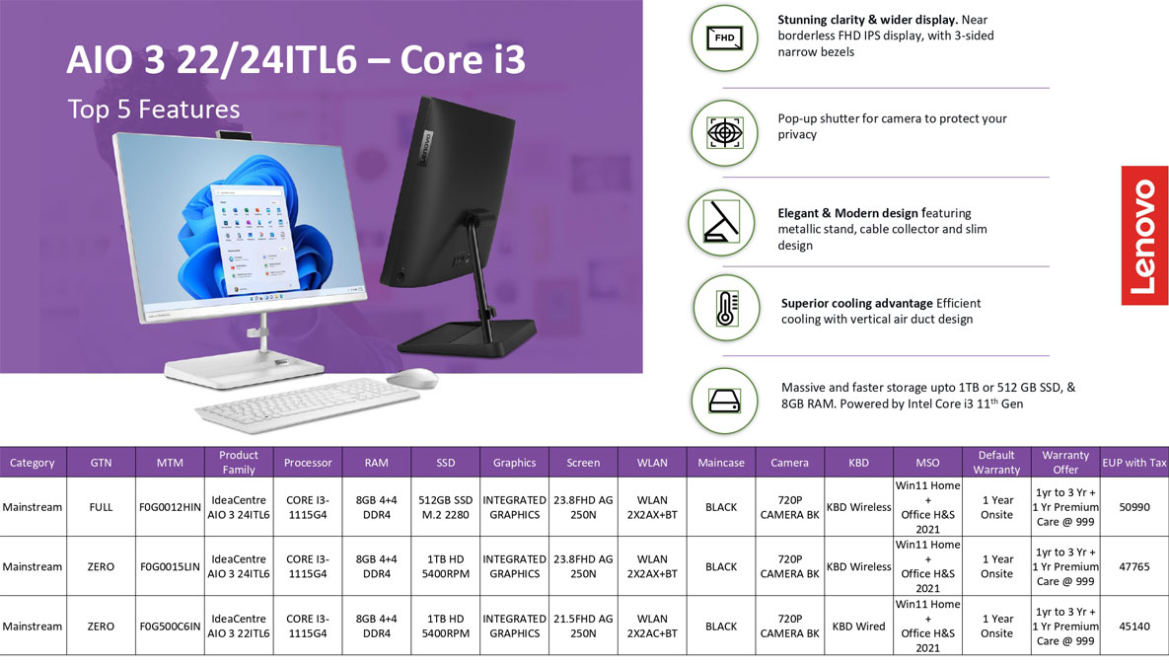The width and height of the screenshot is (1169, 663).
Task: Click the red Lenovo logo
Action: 1144,235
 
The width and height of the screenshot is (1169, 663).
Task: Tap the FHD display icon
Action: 724,38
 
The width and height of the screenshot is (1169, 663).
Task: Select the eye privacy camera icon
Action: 724,133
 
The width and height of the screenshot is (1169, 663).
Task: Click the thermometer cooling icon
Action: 726,308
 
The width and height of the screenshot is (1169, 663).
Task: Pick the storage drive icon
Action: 724,402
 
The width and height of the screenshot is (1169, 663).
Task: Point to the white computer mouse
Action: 412,378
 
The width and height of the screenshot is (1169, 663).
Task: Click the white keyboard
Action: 307,404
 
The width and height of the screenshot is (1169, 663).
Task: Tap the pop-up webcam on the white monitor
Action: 234,135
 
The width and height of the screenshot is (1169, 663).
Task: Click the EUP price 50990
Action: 1133,507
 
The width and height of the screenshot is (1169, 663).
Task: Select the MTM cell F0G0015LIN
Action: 170,566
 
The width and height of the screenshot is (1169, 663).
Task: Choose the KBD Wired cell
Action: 859,626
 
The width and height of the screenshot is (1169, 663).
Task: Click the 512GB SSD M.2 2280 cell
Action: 445,507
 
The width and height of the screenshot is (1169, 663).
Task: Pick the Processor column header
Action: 308,463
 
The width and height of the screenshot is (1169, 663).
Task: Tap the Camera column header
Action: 789,463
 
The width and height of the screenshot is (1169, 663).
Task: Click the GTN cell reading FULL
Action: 101,507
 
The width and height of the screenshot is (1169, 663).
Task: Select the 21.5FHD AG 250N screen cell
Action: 583,626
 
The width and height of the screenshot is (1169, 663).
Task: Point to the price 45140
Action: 1133,626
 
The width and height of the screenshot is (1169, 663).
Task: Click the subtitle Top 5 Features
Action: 154,110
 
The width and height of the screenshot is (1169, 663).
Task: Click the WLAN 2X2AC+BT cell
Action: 652,626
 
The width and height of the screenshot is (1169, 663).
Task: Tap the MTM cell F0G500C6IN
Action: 170,626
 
